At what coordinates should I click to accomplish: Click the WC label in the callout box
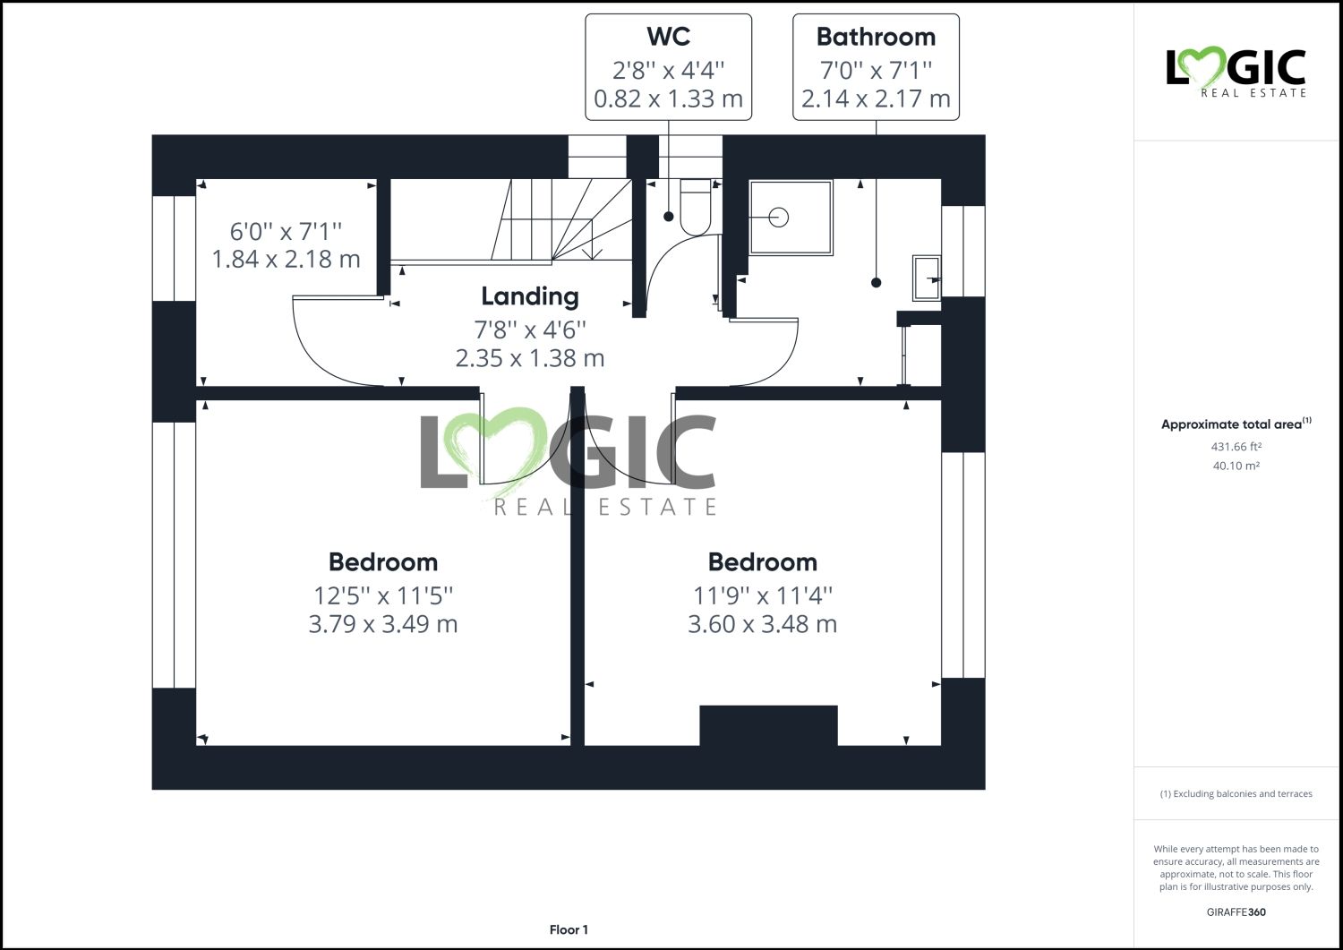coord(668,37)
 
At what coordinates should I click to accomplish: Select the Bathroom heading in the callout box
coord(876,37)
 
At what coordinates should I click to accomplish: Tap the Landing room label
coord(530,296)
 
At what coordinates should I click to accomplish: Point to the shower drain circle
coord(779,217)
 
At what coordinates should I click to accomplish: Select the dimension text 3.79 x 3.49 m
coord(383,624)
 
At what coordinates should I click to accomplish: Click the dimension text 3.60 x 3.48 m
coord(762,624)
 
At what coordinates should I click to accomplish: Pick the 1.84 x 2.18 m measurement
coord(286,260)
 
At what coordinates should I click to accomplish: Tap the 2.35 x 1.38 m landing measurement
coord(530,358)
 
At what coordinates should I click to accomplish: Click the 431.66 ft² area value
coord(1236,447)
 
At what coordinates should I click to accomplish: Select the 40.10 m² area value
coord(1236,466)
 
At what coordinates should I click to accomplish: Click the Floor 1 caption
coord(569,929)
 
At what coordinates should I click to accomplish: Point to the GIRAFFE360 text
coord(1236,912)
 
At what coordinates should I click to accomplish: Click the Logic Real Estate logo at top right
coord(1236,72)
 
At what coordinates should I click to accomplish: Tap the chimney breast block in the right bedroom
coord(768,725)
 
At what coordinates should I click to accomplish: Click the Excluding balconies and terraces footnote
coord(1236,793)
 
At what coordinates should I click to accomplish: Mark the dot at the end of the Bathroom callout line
coord(876,283)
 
